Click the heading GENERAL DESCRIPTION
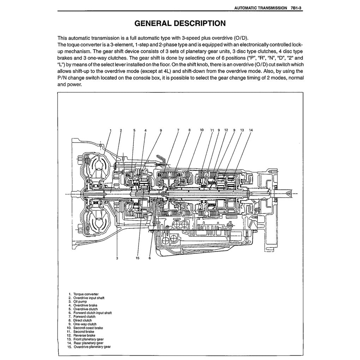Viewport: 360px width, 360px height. click(x=180, y=24)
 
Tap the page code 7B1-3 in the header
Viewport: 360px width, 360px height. click(x=296, y=8)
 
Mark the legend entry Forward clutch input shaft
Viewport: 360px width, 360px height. click(x=92, y=313)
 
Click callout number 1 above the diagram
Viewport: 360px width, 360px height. click(x=110, y=130)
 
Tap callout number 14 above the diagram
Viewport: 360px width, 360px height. click(x=251, y=130)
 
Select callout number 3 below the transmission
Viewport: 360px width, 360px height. click(x=117, y=258)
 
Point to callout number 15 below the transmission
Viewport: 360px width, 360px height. click(x=138, y=258)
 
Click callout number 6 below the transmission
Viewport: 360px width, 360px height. click(x=150, y=258)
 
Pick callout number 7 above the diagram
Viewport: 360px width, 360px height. click(x=178, y=130)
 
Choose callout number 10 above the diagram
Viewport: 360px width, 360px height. click(x=202, y=130)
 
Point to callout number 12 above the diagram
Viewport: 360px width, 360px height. click(x=226, y=130)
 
